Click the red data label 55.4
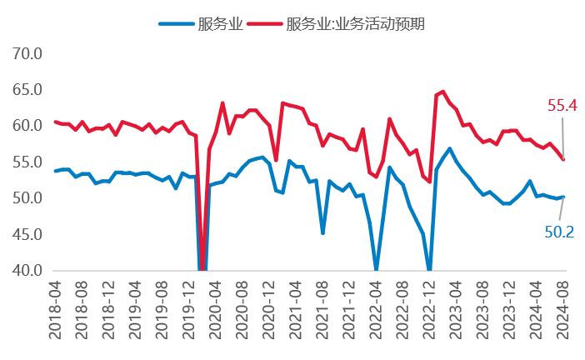click(x=562, y=105)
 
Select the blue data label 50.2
click(x=559, y=232)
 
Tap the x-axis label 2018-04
click(x=55, y=307)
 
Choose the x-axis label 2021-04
click(x=295, y=307)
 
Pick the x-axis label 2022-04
click(x=376, y=307)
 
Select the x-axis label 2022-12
click(x=429, y=307)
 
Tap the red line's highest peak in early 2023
click(x=443, y=92)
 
